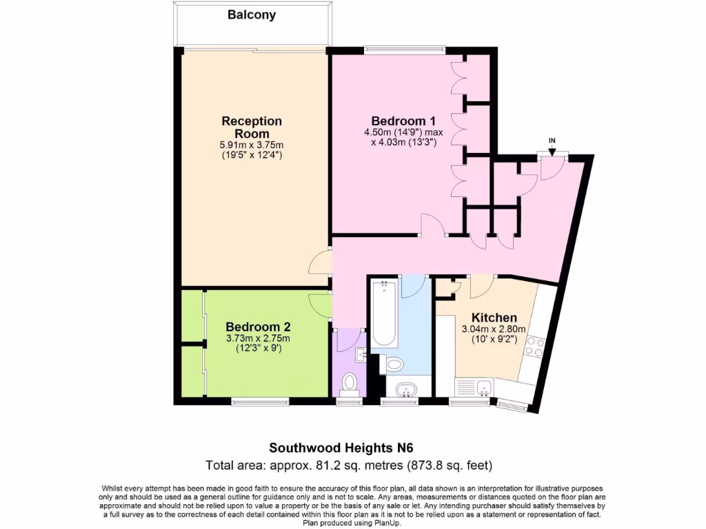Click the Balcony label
click(x=252, y=14)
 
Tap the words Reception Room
click(x=252, y=127)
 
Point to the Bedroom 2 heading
click(x=259, y=326)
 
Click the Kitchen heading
click(x=494, y=318)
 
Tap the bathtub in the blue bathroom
click(x=383, y=314)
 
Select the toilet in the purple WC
click(x=350, y=382)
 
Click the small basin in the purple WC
click(x=361, y=355)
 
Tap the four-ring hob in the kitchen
click(x=536, y=346)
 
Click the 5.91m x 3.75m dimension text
click(x=252, y=145)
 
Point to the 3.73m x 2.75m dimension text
click(x=259, y=338)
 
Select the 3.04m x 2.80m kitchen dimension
click(x=494, y=329)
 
